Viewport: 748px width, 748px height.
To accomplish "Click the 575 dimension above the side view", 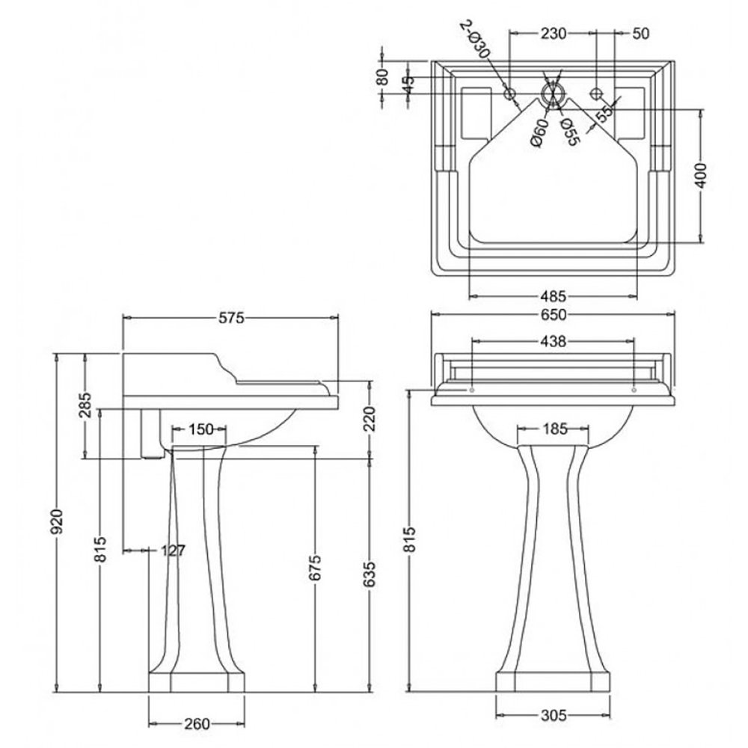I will [231, 318].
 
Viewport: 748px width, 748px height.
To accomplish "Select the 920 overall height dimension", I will [58, 521].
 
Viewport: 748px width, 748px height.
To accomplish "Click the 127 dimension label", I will [172, 551].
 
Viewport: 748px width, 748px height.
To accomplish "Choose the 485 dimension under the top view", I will [553, 296].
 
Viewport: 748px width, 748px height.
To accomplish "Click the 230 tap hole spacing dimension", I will [553, 33].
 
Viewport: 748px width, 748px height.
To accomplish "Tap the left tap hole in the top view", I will [509, 94].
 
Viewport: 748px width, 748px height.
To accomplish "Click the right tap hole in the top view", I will [596, 93].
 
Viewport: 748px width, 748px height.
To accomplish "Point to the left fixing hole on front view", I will [472, 390].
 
